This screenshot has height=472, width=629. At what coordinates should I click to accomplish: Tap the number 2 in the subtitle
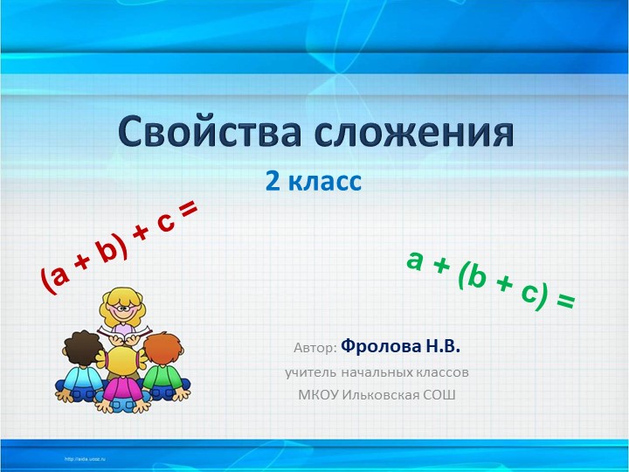(x=273, y=182)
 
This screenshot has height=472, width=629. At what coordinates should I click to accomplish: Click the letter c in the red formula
(x=163, y=228)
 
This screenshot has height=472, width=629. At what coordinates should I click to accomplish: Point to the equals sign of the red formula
(x=188, y=212)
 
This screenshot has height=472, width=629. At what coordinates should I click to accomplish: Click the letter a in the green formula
(x=416, y=259)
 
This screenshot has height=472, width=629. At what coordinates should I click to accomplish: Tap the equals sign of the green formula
(x=564, y=302)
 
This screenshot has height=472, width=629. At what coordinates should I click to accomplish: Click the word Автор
(x=314, y=348)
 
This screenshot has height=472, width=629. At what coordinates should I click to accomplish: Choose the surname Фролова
(x=381, y=346)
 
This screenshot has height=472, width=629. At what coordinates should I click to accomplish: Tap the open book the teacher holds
(x=125, y=333)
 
